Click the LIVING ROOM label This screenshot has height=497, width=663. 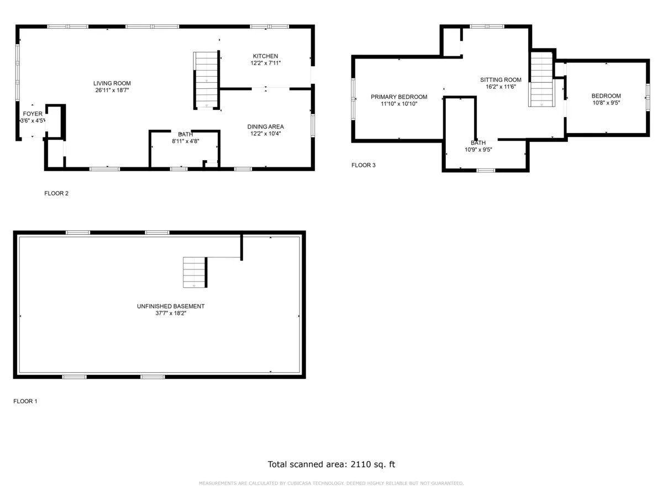click(x=112, y=83)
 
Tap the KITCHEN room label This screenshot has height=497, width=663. click(x=265, y=56)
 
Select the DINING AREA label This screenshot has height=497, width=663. click(x=265, y=127)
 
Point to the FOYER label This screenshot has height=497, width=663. click(x=33, y=114)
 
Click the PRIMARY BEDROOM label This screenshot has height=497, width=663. click(x=399, y=97)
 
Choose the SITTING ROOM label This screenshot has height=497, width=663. click(x=501, y=80)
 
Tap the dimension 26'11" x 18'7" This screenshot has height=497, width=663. click(x=112, y=90)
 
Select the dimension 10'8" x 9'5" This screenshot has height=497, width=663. click(x=606, y=102)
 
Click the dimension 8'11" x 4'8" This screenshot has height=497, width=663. click(x=185, y=141)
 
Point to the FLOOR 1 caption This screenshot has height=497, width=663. click(x=25, y=401)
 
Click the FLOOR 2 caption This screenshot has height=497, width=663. click(x=56, y=193)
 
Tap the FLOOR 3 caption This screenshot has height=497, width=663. click(x=364, y=165)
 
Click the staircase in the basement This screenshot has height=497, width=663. click(x=194, y=272)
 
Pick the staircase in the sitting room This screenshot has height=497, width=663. click(x=541, y=79)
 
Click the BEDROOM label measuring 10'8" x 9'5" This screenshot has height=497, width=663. click(x=606, y=96)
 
